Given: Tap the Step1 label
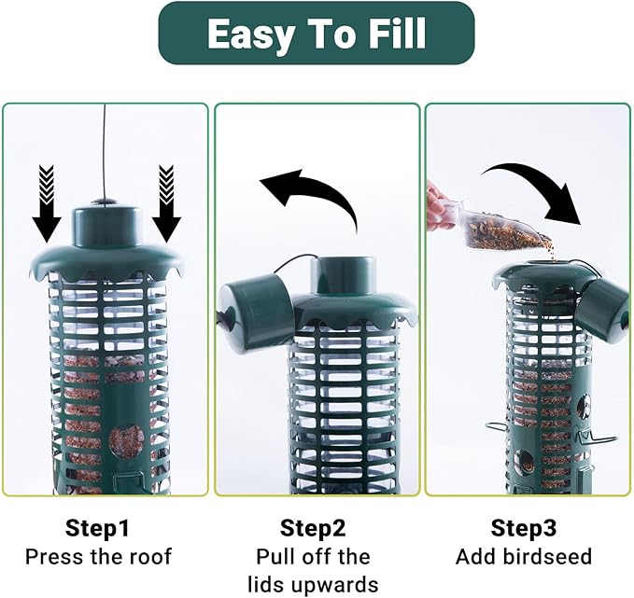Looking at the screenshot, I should [x=98, y=528].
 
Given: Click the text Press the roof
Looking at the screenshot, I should [x=98, y=557].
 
